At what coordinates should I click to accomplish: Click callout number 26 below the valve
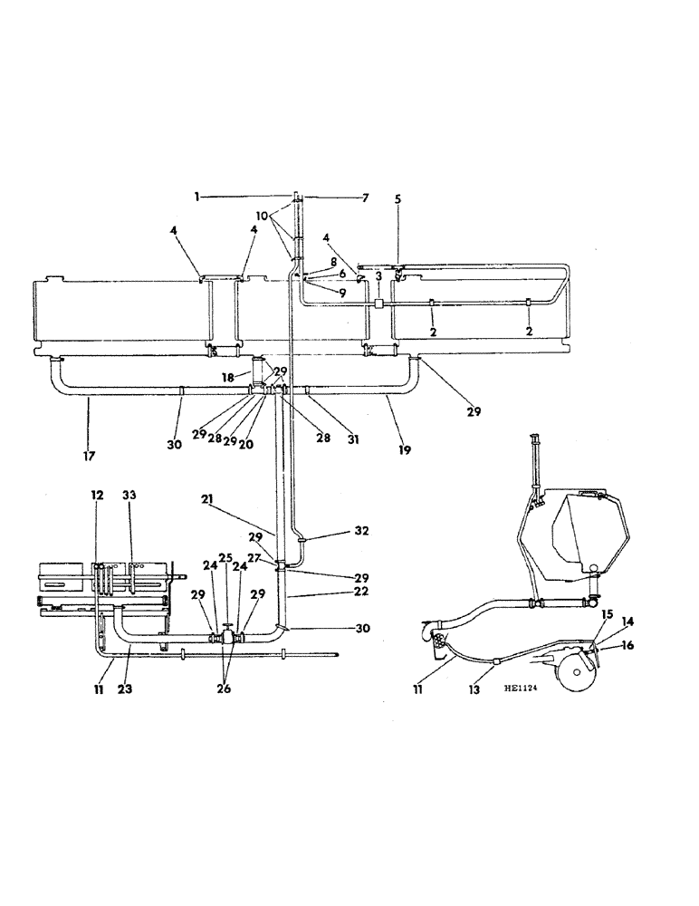click(224, 688)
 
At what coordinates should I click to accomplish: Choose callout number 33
click(129, 496)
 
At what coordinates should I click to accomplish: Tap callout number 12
click(96, 496)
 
